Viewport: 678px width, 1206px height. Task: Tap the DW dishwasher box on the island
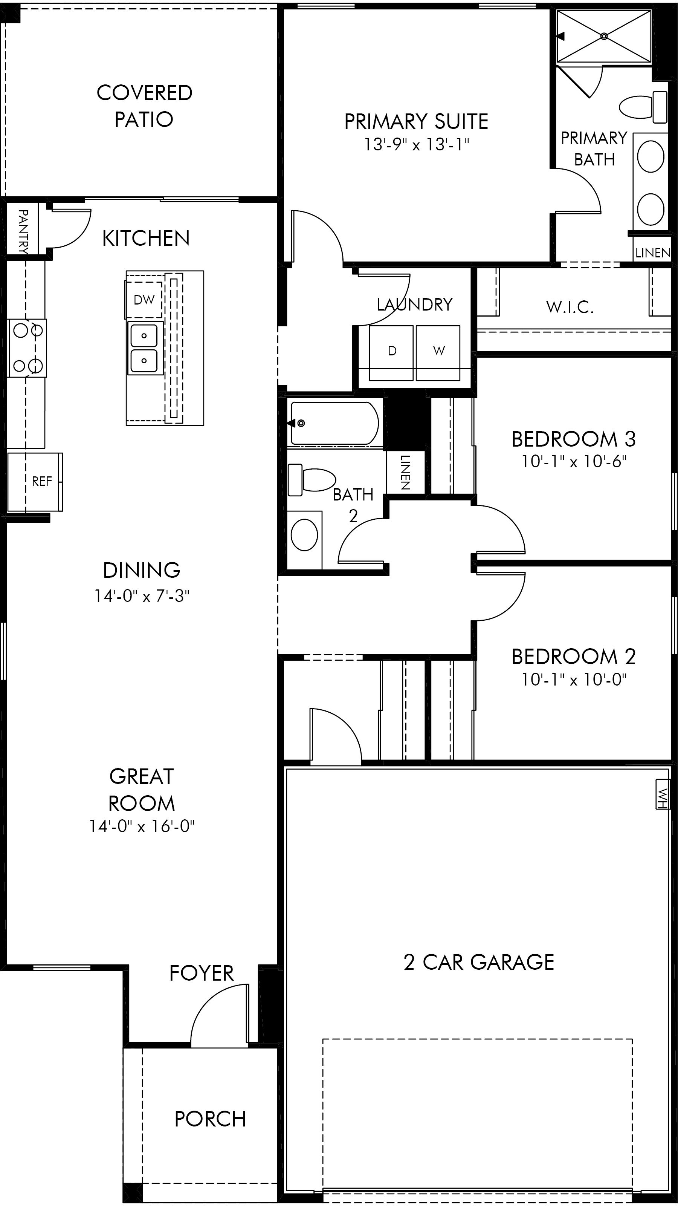[144, 300]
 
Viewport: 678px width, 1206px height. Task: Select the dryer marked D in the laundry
[392, 352]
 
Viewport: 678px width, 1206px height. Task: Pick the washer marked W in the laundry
[438, 352]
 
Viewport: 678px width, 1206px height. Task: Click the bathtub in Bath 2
[334, 423]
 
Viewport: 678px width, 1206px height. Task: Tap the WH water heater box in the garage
[662, 794]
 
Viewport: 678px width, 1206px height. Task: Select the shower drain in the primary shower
[603, 36]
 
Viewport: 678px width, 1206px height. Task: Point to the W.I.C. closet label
[570, 307]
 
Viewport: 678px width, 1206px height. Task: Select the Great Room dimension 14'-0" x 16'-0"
[142, 826]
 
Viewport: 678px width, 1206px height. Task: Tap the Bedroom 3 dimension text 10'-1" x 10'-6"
[574, 462]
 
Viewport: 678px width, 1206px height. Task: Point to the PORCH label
[210, 1119]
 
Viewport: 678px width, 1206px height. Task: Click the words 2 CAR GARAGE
[479, 963]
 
